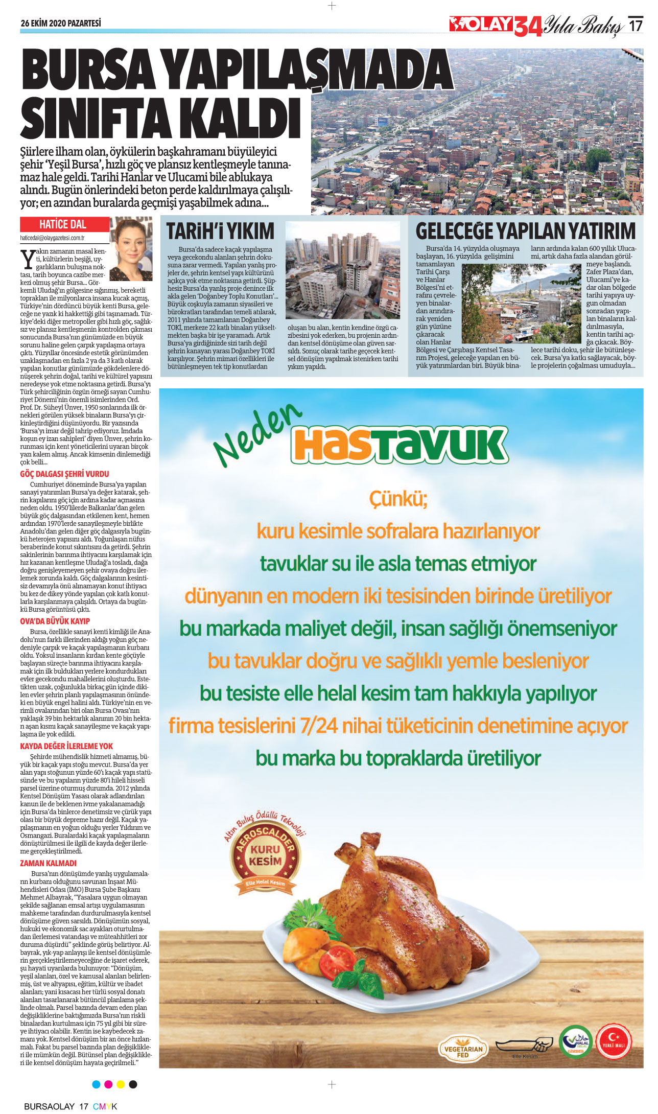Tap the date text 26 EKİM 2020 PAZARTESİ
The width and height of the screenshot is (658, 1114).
(61, 24)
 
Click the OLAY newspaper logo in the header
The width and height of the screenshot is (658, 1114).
(481, 25)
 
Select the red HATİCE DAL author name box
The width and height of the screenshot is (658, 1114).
(64, 224)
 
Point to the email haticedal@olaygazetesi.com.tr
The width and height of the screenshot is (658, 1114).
(52, 238)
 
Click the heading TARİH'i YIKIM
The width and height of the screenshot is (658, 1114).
(221, 231)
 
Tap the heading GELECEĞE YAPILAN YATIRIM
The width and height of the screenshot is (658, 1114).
(525, 231)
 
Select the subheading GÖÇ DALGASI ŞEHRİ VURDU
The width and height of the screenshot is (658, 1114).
(64, 474)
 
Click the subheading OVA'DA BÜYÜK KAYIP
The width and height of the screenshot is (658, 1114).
(55, 621)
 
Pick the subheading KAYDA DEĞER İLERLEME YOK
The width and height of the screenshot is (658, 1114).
(66, 746)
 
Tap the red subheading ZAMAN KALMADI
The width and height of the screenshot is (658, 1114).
(48, 863)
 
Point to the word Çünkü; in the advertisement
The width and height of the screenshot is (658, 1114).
(398, 498)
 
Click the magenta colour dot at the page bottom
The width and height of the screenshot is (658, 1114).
(108, 1084)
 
